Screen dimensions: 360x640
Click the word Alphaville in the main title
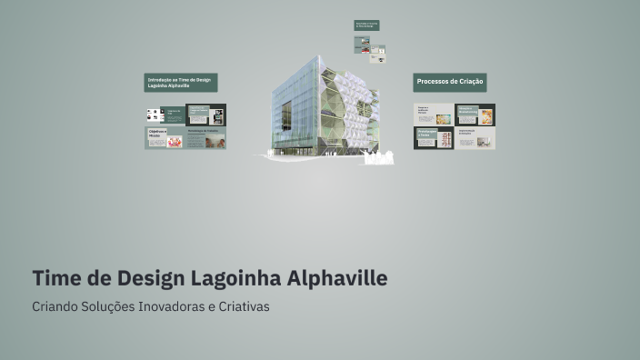(x=337, y=277)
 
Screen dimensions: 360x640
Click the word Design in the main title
(x=148, y=277)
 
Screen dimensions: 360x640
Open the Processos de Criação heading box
(x=450, y=83)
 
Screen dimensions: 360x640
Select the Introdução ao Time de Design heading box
(x=181, y=83)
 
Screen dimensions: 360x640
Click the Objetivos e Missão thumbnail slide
(x=165, y=138)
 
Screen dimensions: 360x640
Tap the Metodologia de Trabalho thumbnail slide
(x=206, y=138)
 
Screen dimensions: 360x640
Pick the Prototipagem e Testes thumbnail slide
(x=433, y=138)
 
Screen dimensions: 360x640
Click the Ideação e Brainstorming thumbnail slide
(x=475, y=115)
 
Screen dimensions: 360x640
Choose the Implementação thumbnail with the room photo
(x=475, y=138)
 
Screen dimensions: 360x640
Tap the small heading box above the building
(x=366, y=25)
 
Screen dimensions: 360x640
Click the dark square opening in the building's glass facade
(x=286, y=115)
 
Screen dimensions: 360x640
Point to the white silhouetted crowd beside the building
(x=379, y=157)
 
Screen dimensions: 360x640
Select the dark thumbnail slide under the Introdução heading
(x=206, y=115)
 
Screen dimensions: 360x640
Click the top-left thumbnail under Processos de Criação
(x=433, y=115)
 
